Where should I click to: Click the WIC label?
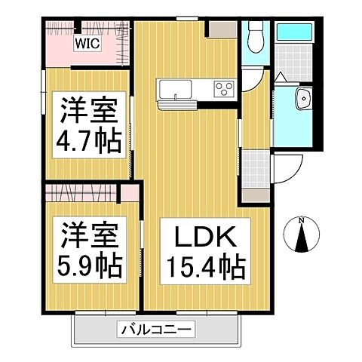pos(85,43)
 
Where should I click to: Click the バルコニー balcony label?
pos(155,329)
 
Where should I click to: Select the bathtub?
pos(293,32)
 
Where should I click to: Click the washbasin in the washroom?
pos(303,97)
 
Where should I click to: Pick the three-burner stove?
pos(224,88)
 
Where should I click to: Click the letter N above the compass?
pos(301,220)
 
